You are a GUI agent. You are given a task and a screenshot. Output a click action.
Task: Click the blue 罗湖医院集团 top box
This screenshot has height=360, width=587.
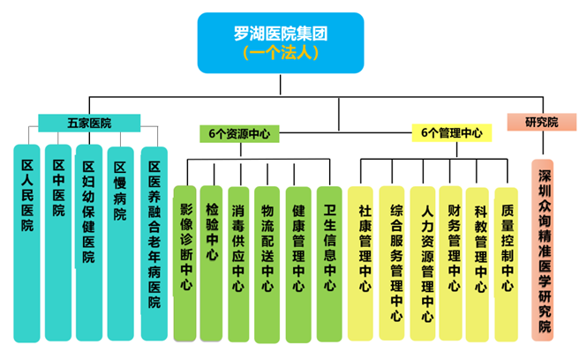point(281,41)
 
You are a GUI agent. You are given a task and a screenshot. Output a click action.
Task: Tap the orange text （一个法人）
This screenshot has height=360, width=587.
point(281,52)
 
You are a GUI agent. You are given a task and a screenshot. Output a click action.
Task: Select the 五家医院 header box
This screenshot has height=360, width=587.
point(88,123)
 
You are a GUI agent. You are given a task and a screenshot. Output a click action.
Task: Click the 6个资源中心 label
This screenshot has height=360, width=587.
point(238,133)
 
